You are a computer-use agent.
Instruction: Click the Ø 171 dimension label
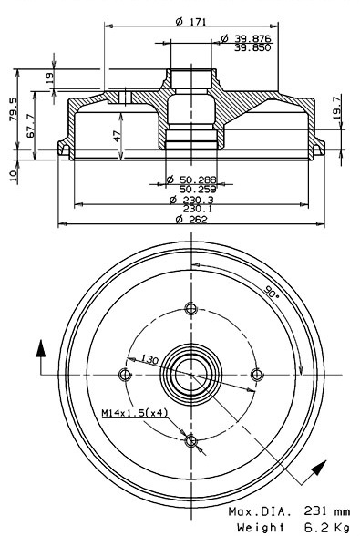[x=190, y=22]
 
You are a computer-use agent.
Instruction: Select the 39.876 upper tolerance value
[x=252, y=38]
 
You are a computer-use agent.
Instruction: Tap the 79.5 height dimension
[x=13, y=109]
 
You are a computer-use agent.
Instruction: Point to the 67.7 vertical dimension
[x=31, y=126]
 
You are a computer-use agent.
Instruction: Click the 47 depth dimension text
[x=118, y=137]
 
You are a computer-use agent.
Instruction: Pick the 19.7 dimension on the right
[x=336, y=108]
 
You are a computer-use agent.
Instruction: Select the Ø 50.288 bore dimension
[x=191, y=180]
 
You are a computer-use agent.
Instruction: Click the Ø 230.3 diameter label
[x=191, y=200]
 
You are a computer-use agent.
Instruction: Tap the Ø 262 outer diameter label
[x=191, y=219]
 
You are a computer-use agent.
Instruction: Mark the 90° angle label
[x=272, y=292]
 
